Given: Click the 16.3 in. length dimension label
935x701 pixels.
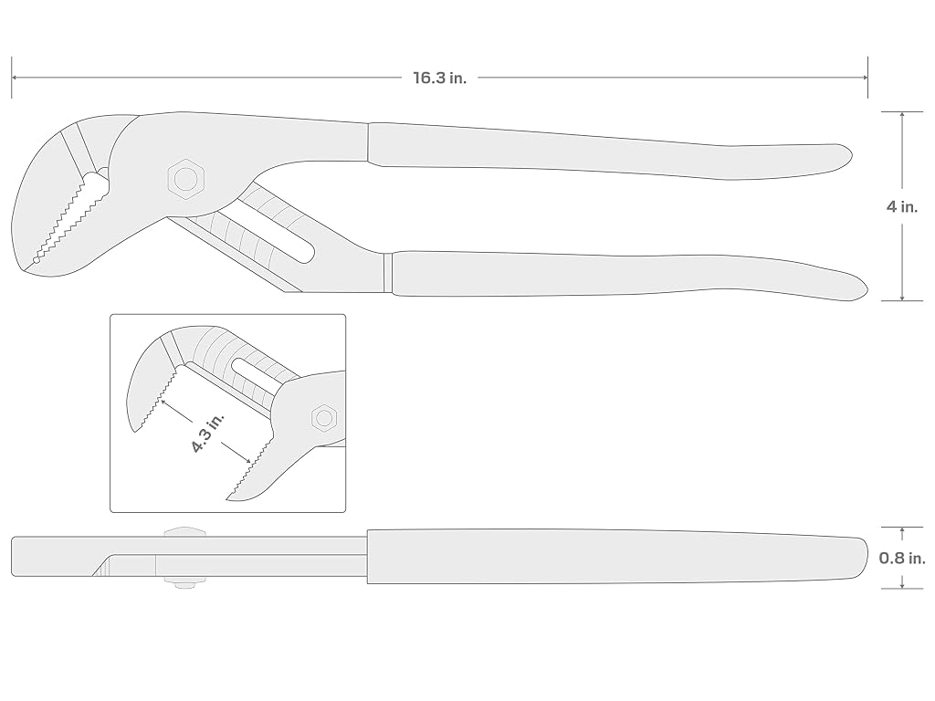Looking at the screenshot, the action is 439,78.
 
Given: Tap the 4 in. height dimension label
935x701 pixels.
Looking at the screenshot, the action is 901,207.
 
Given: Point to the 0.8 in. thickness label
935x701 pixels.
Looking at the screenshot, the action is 902,558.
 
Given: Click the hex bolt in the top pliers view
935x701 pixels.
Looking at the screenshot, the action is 186,178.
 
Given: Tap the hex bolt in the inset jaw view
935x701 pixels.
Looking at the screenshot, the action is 324,418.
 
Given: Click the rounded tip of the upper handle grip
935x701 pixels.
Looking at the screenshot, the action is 852,156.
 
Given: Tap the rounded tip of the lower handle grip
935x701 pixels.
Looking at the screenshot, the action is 867,289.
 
